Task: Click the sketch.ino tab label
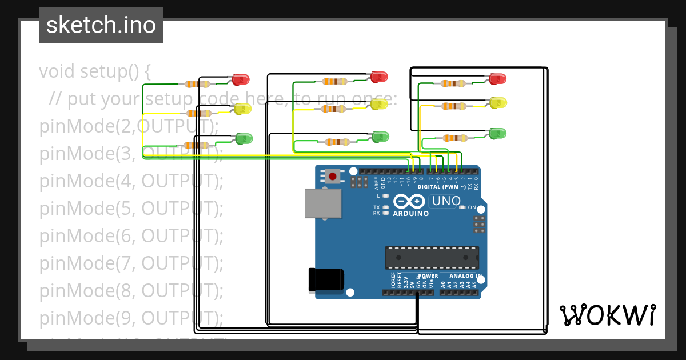pyautogui.click(x=101, y=25)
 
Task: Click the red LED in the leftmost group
pyautogui.click(x=241, y=79)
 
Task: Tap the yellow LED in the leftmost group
pyautogui.click(x=243, y=109)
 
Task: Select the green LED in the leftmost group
pyautogui.click(x=244, y=138)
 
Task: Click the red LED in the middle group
pyautogui.click(x=380, y=76)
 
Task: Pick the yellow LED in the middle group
pyautogui.click(x=380, y=104)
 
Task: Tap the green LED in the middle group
pyautogui.click(x=381, y=137)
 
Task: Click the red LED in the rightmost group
pyautogui.click(x=498, y=78)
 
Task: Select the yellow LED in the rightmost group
pyautogui.click(x=498, y=103)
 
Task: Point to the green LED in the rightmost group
pyautogui.click(x=498, y=133)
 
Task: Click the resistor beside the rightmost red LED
pyautogui.click(x=453, y=83)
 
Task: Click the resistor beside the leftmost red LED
pyautogui.click(x=198, y=84)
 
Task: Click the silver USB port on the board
pyautogui.click(x=323, y=203)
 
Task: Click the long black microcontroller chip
pyautogui.click(x=432, y=258)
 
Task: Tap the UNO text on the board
pyautogui.click(x=446, y=201)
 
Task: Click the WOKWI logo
pyautogui.click(x=607, y=315)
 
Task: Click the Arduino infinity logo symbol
pyautogui.click(x=409, y=202)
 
